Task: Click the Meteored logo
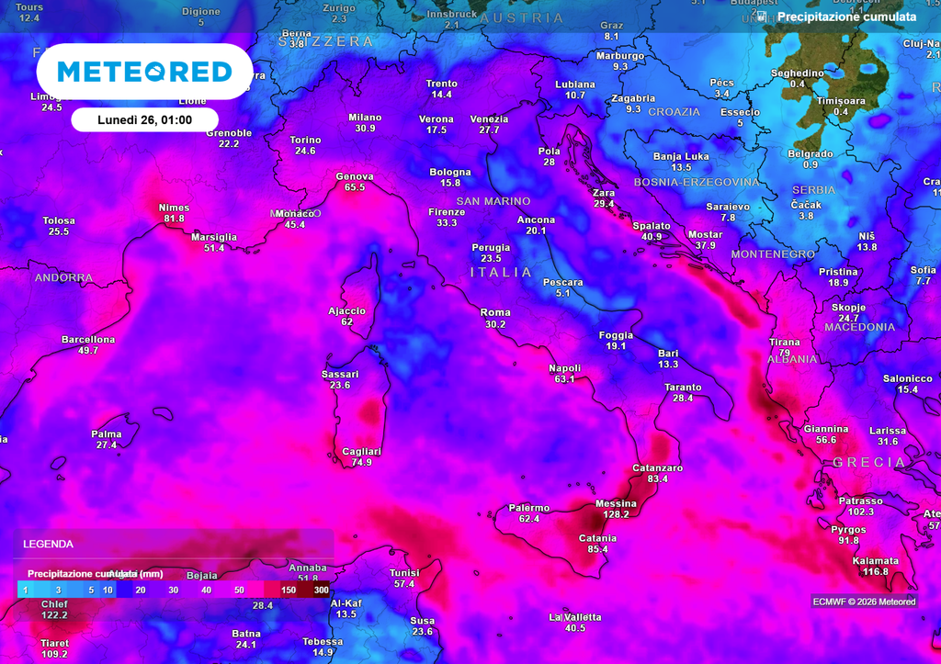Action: coord(144,72)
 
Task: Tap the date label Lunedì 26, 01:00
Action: coord(144,119)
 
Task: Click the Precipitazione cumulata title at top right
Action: coord(845,17)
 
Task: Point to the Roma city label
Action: coord(495,313)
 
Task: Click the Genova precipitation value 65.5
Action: coord(355,187)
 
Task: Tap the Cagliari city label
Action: coord(361,451)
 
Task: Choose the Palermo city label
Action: coord(528,508)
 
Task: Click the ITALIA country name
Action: coord(501,273)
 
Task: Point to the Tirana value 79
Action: coord(784,353)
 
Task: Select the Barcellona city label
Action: coord(88,340)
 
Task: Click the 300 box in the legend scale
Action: coord(320,590)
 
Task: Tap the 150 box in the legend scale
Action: coord(289,590)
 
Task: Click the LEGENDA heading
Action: coord(48,544)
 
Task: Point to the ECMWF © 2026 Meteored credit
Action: coord(864,602)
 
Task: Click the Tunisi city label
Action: coord(404,573)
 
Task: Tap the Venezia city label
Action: coord(489,119)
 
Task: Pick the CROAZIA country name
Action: coord(674,112)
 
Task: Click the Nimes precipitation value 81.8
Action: coord(174,219)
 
